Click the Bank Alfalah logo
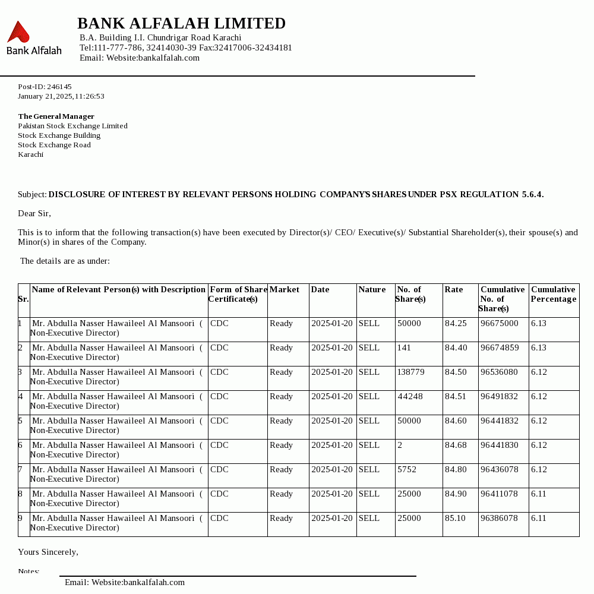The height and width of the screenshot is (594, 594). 33,38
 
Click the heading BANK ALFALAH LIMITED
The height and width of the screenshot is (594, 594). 181,24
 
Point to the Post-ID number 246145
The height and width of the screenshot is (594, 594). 59,87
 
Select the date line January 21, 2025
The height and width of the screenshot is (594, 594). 61,96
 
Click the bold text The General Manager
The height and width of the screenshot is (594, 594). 56,116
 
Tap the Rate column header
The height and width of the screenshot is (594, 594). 454,290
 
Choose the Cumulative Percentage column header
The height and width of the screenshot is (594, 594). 553,295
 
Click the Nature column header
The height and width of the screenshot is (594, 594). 372,290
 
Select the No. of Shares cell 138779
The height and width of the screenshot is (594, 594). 411,372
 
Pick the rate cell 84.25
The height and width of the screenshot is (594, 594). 456,324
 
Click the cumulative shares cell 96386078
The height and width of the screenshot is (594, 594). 499,519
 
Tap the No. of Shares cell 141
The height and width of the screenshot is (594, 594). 404,348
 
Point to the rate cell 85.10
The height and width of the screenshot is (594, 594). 456,519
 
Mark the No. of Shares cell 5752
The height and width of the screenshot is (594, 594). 407,470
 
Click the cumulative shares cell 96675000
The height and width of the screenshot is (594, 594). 499,324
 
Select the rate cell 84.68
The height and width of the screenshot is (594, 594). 456,445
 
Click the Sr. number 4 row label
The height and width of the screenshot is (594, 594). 21,397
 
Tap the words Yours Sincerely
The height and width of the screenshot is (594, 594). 48,552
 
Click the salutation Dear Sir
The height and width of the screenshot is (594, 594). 34,214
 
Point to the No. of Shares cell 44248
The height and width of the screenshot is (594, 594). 410,397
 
